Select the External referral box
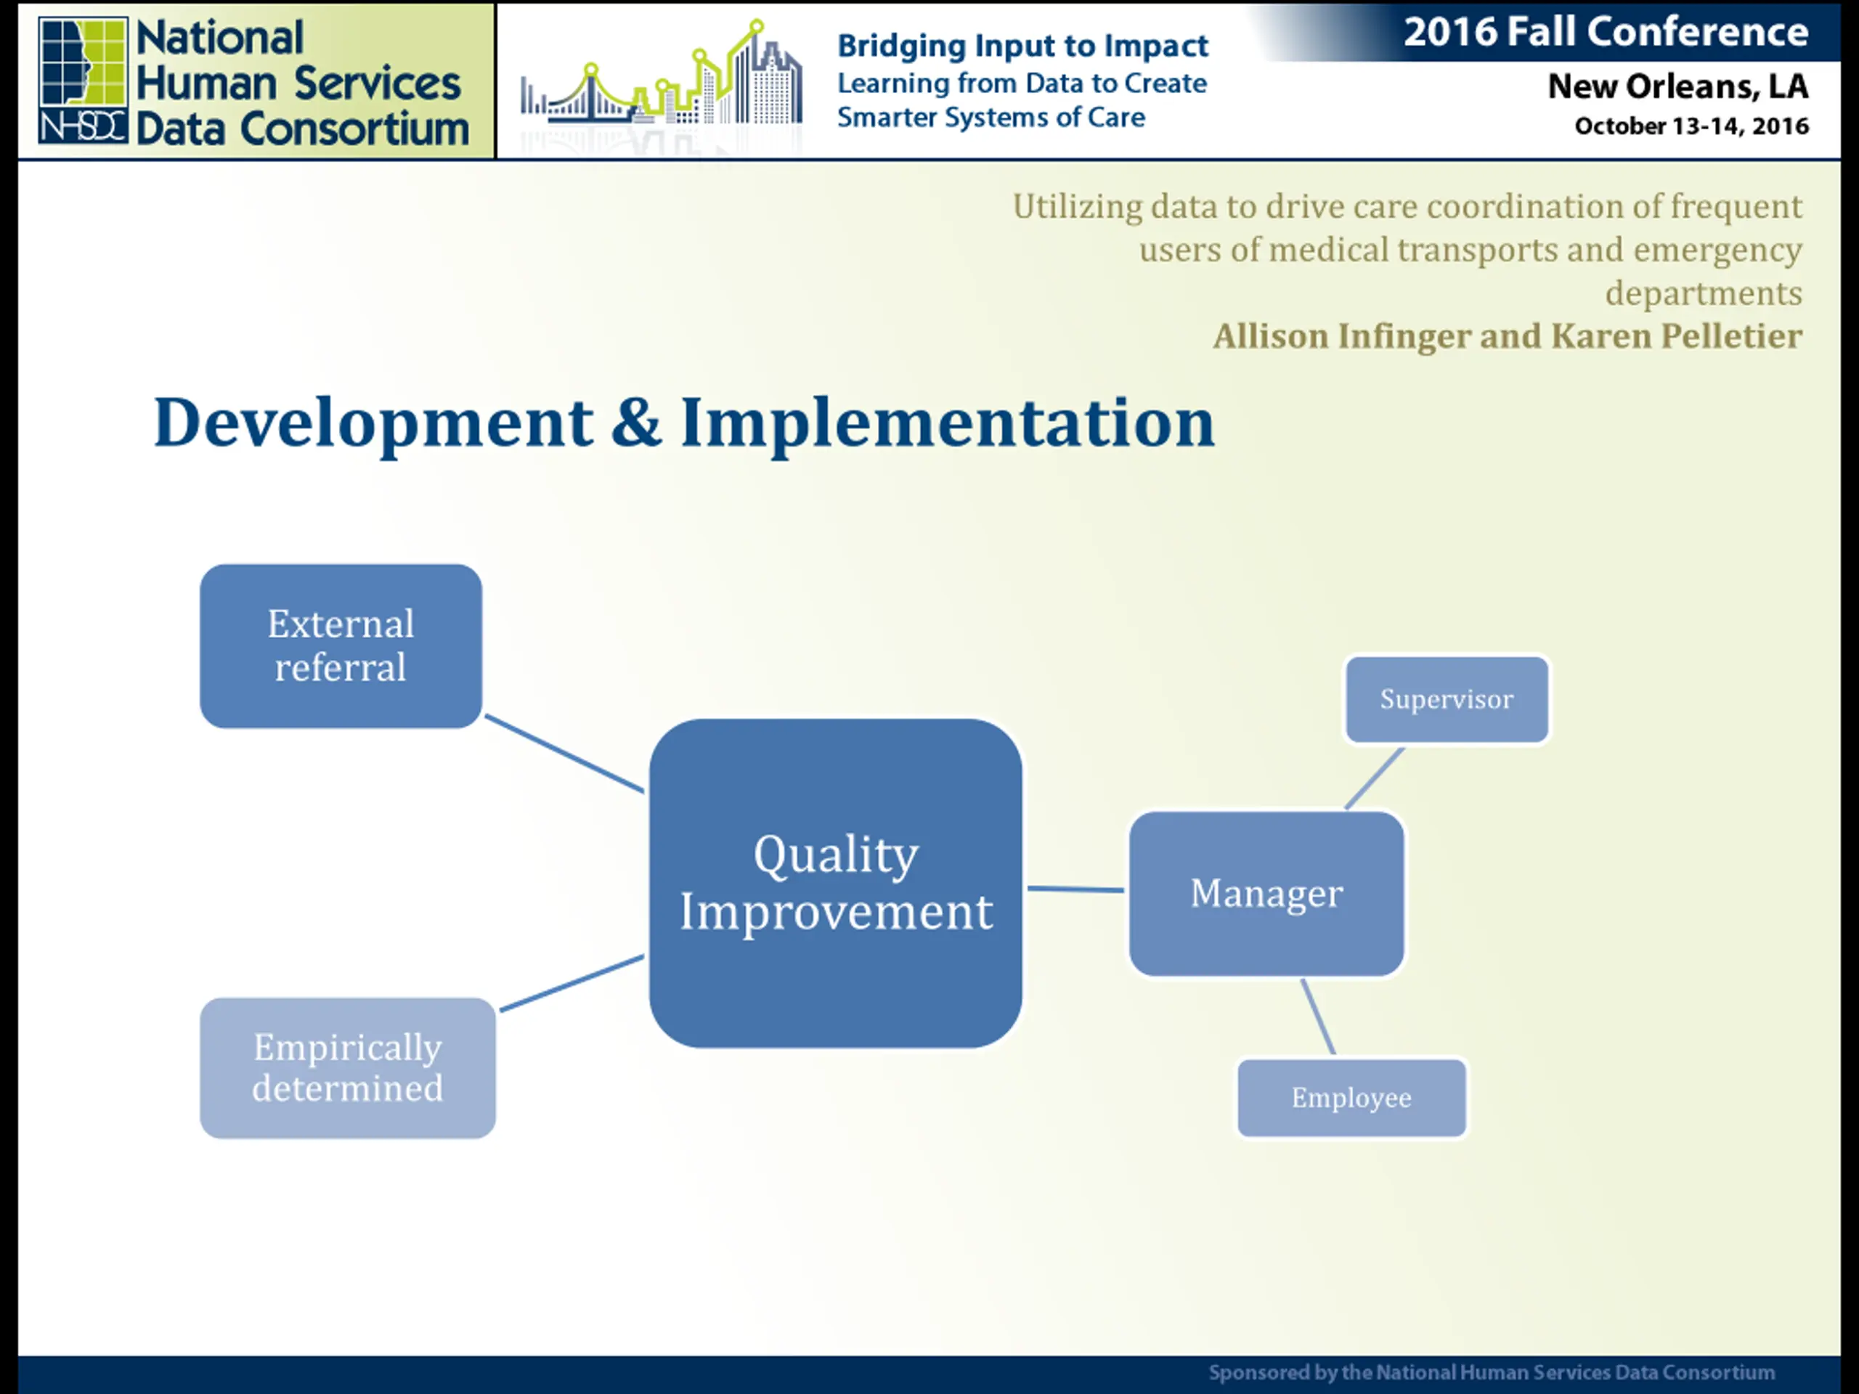pyautogui.click(x=341, y=645)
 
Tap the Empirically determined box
pyautogui.click(x=347, y=1067)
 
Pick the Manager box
pyautogui.click(x=1266, y=893)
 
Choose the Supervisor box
pyautogui.click(x=1447, y=699)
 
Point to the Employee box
pyautogui.click(x=1351, y=1097)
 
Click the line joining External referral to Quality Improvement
pyautogui.click(x=565, y=754)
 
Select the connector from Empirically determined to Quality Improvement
pyautogui.click(x=572, y=982)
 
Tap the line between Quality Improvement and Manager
pyautogui.click(x=1075, y=888)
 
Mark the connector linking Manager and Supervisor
pyautogui.click(x=1374, y=778)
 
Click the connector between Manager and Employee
pyautogui.click(x=1318, y=1016)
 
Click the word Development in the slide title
pyautogui.click(x=374, y=423)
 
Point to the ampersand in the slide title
pyautogui.click(x=636, y=422)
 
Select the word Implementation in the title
pyautogui.click(x=947, y=422)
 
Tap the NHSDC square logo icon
pyautogui.click(x=82, y=80)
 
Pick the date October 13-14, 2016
pyautogui.click(x=1692, y=126)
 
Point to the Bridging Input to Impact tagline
pyautogui.click(x=1022, y=45)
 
